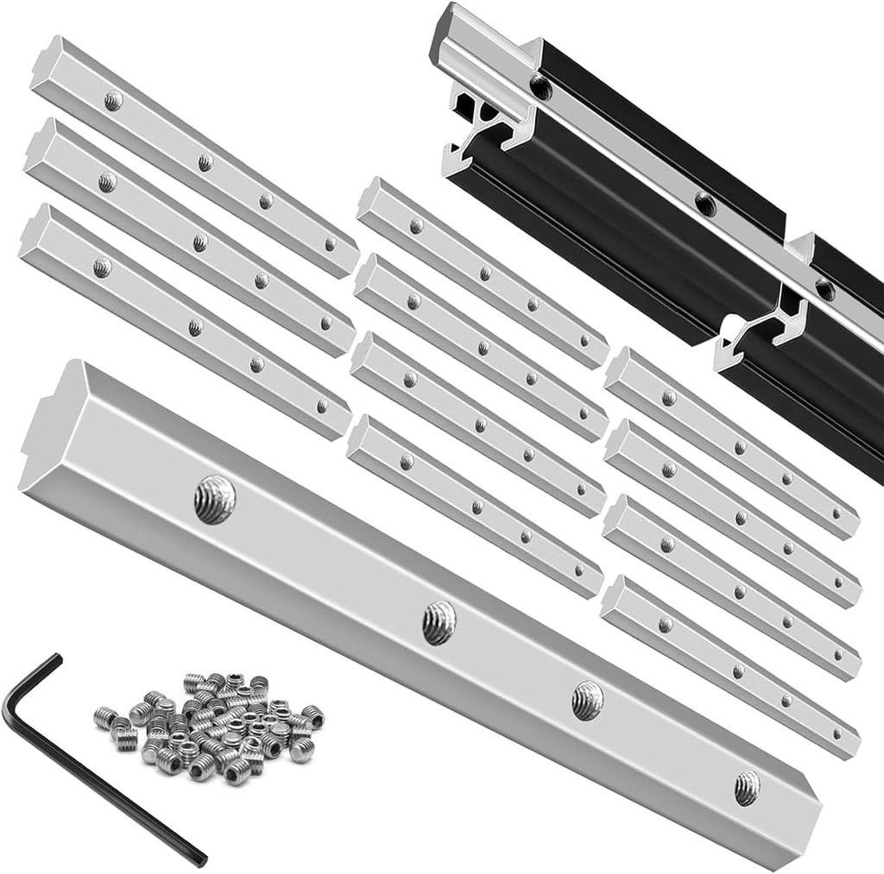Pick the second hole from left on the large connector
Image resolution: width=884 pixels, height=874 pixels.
coord(439,622)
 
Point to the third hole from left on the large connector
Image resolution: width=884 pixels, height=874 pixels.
coord(587,700)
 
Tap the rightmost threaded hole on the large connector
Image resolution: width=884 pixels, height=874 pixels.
coord(747,787)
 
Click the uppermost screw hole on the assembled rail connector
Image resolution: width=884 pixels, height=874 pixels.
coord(541,85)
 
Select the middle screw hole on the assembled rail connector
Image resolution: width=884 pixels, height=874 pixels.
coord(706,204)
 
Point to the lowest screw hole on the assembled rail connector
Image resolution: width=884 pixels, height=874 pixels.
coord(824,289)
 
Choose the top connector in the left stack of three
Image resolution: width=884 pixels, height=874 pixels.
coord(194,155)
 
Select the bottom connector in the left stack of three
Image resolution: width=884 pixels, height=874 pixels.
coord(186,324)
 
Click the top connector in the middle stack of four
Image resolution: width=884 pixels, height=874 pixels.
coord(483,272)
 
